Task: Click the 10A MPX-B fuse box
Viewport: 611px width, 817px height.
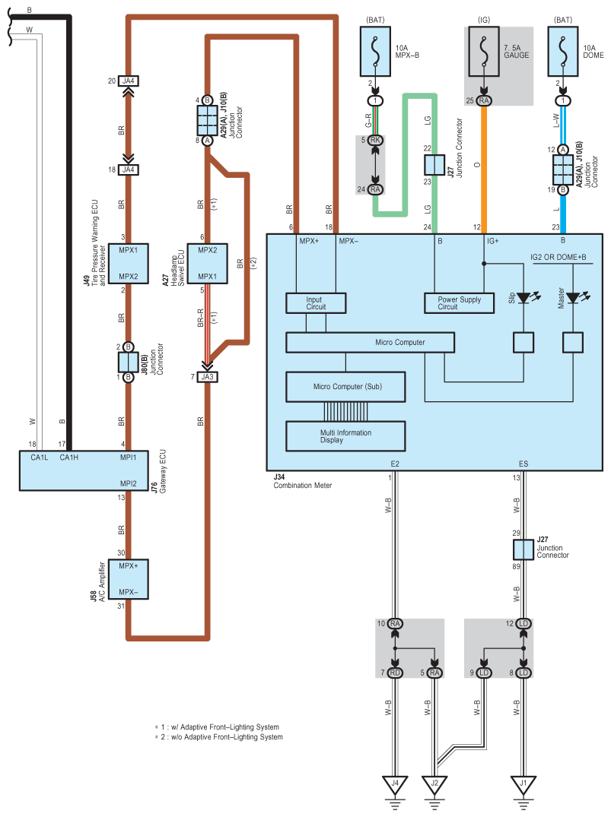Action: [374, 50]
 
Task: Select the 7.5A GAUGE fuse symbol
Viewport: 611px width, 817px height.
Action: [484, 50]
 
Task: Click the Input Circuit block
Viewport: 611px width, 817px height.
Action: [315, 303]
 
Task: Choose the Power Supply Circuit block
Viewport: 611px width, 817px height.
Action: [459, 303]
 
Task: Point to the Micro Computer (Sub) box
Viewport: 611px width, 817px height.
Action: [347, 387]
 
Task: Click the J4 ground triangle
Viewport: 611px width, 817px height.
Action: [395, 783]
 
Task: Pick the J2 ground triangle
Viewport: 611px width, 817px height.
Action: [434, 783]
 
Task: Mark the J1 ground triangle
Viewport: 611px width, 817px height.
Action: [523, 783]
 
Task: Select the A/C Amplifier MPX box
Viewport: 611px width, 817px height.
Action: [129, 579]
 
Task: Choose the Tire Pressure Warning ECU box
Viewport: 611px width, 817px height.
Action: [129, 263]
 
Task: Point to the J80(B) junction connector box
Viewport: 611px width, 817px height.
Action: [129, 362]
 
